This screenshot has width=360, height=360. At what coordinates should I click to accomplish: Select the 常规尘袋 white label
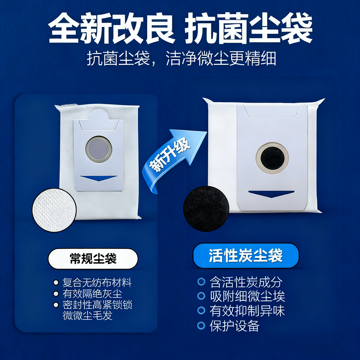pos(93,259)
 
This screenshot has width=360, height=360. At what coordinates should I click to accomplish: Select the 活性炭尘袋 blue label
pos(246,256)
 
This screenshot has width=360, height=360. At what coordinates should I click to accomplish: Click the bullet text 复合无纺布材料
pos(98,283)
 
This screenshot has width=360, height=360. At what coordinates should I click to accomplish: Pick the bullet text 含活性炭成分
pos(246,282)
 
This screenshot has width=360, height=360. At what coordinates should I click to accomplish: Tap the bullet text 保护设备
pos(234,325)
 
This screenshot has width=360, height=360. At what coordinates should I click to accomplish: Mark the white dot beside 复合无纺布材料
pos(56,283)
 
